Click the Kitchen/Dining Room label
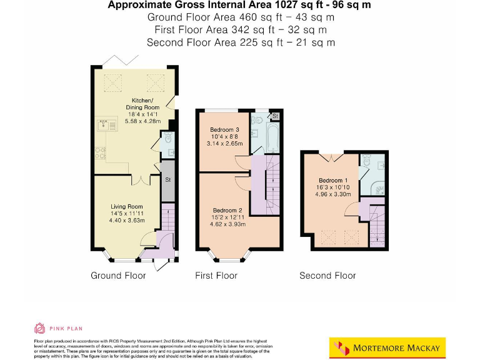click(x=145, y=104)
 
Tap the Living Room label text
click(x=127, y=207)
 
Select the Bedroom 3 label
click(x=224, y=129)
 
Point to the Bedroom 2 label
click(x=227, y=210)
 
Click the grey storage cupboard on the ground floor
click(x=168, y=181)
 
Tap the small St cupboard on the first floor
click(x=275, y=116)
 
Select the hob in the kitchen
click(x=101, y=153)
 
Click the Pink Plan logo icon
click(x=39, y=328)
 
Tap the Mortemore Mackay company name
click(x=396, y=348)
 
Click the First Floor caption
click(x=216, y=276)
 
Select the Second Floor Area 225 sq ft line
click(x=240, y=42)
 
